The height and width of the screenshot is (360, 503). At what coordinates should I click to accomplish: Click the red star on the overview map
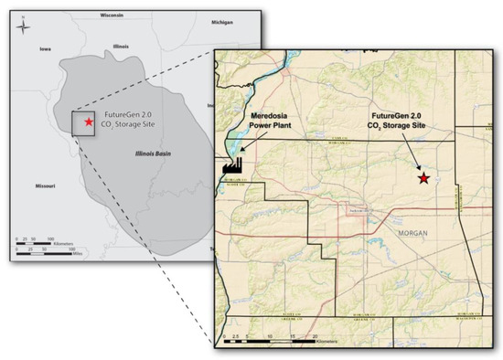point(88,122)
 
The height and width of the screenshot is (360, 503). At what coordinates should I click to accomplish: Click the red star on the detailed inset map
point(423,178)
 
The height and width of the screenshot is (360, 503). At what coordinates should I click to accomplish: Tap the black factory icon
point(232,164)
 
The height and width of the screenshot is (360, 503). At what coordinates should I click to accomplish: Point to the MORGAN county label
point(413,234)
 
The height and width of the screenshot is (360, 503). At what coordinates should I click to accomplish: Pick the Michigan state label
point(196,20)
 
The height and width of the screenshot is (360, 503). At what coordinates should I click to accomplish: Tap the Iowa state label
point(44,49)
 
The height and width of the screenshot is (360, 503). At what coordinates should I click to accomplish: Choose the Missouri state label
point(43,186)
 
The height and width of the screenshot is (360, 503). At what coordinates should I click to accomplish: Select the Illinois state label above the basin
point(118,44)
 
